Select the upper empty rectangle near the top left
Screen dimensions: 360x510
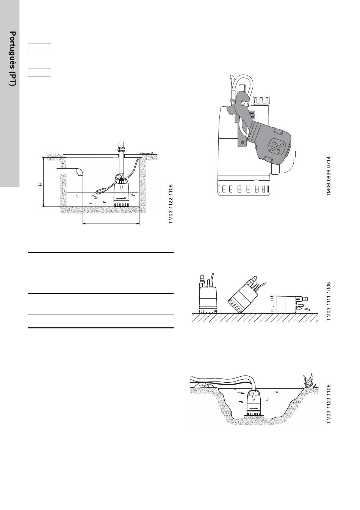(x=39, y=48)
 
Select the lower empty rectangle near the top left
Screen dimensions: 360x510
(x=39, y=73)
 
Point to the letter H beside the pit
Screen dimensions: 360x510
(x=41, y=184)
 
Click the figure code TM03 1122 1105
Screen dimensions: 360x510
(x=171, y=204)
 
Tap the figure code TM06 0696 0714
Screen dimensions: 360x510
(x=329, y=176)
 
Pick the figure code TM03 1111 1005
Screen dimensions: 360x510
(x=329, y=302)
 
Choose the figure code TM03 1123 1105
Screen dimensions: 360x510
(x=329, y=404)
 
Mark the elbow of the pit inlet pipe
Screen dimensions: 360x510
(x=80, y=171)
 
